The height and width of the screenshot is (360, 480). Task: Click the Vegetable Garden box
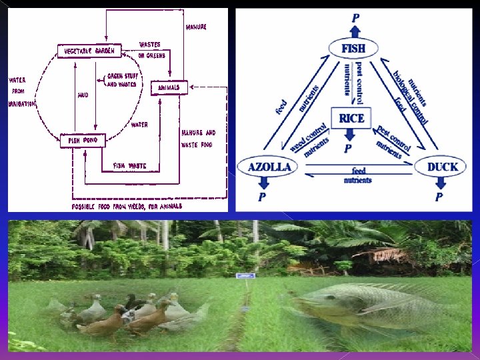tap(89, 51)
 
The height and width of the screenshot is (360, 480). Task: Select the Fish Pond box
tap(82, 141)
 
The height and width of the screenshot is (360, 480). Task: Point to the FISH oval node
tap(353, 49)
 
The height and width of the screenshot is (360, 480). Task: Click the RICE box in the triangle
tap(351, 119)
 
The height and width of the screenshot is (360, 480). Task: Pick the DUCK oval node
tap(442, 166)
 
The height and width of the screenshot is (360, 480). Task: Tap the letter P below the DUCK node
tap(439, 197)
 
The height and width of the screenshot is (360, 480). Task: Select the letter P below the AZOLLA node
tap(262, 197)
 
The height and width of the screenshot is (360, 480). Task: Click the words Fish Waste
tap(129, 165)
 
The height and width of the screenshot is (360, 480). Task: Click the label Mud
tap(83, 95)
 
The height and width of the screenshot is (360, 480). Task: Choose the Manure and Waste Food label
tap(198, 138)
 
